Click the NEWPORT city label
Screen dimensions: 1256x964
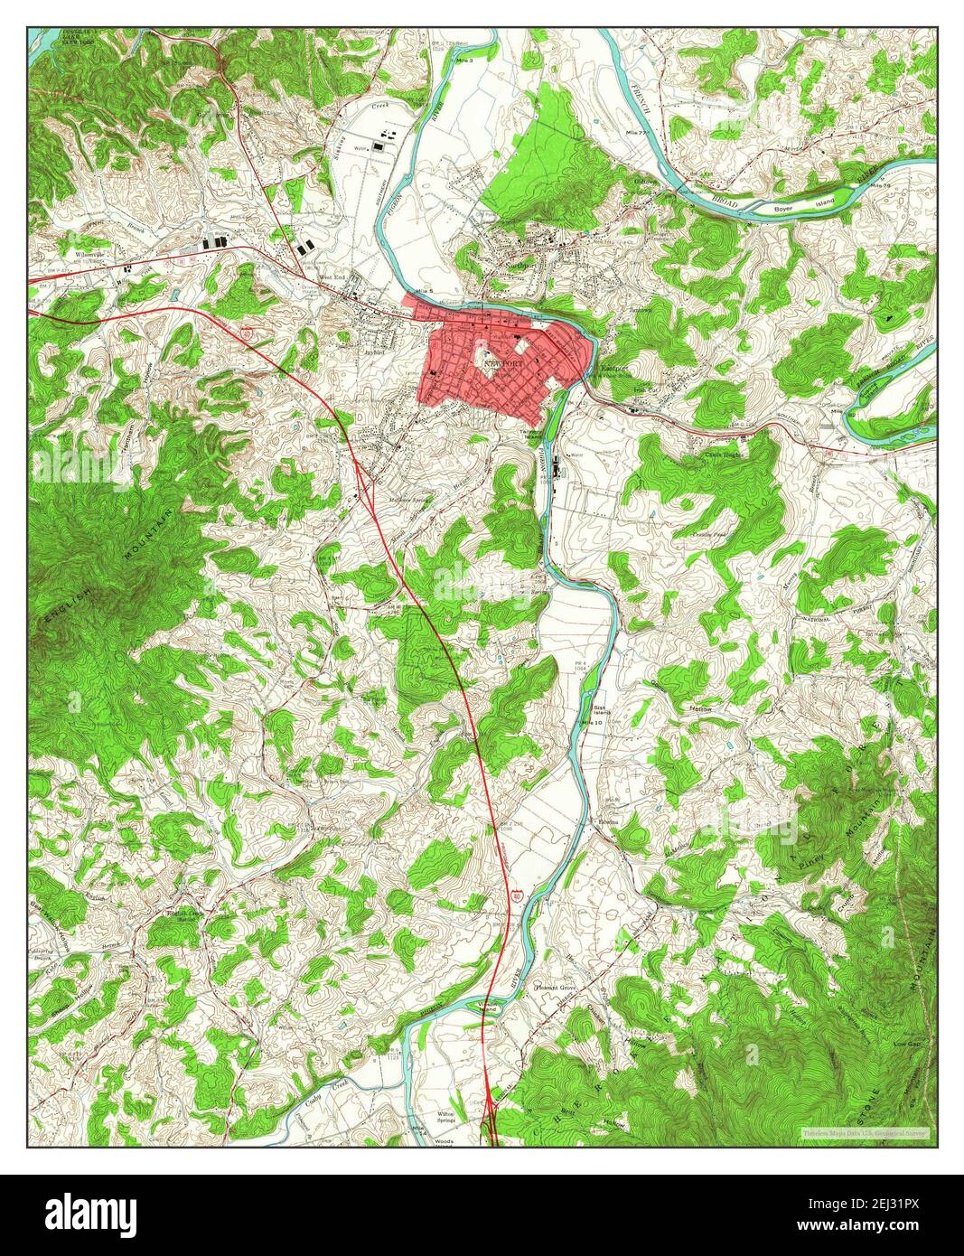pyautogui.click(x=504, y=363)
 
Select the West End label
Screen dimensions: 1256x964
pyautogui.click(x=332, y=277)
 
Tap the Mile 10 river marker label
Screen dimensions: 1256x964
pyautogui.click(x=592, y=723)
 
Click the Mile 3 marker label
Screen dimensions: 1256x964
pyautogui.click(x=491, y=59)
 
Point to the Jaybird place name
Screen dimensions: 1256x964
pyautogui.click(x=375, y=352)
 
